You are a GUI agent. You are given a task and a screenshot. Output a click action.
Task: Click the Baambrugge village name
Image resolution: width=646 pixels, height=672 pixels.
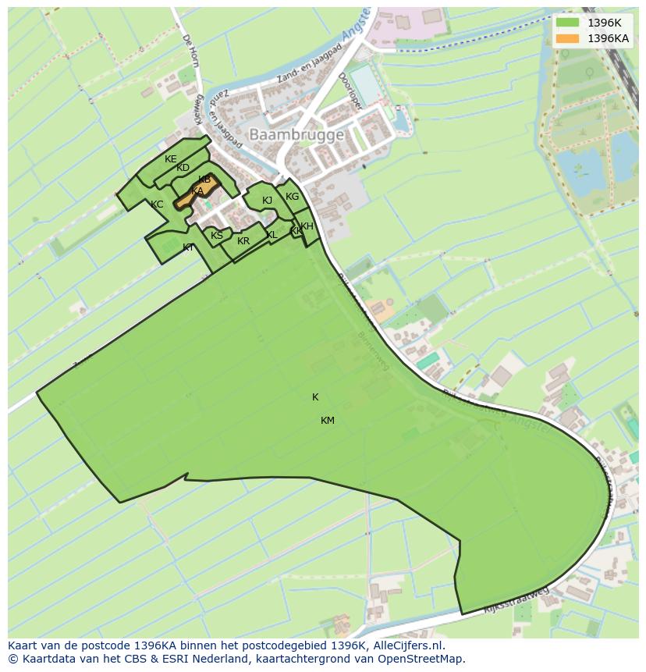(296, 135)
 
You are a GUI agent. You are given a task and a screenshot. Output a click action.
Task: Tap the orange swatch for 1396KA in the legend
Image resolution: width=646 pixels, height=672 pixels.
(568, 38)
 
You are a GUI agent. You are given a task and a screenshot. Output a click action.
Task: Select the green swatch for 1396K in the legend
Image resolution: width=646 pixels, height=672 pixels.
(568, 23)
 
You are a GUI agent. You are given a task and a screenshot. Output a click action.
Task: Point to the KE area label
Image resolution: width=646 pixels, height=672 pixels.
(171, 159)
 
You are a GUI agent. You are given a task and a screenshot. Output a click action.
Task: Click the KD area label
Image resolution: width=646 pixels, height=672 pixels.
(183, 168)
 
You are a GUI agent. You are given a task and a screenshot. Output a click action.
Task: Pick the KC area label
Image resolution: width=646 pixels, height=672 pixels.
(157, 204)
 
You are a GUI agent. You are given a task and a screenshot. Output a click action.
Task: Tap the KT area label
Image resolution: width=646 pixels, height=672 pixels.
(188, 247)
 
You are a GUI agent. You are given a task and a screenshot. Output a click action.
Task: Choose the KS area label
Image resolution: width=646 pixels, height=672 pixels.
(217, 236)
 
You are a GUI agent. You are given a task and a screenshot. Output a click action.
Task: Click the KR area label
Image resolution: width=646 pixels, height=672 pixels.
(243, 241)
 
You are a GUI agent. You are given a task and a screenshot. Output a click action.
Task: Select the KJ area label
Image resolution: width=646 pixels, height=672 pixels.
(267, 201)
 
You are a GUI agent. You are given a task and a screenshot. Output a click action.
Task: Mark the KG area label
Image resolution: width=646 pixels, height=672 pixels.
(292, 197)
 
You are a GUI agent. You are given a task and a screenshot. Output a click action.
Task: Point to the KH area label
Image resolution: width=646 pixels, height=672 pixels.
(307, 226)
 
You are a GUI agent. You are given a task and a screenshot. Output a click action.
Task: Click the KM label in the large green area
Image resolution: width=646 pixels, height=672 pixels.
(328, 421)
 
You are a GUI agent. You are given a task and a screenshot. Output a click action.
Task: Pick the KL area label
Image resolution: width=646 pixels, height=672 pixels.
(272, 235)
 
